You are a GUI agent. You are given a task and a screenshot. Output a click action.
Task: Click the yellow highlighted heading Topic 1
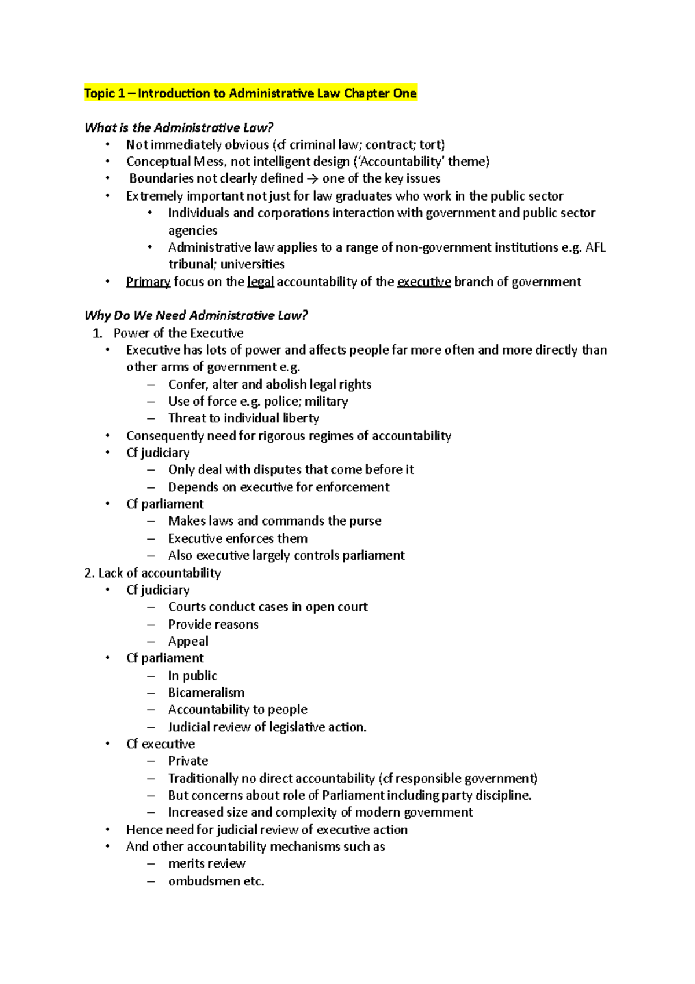point(250,93)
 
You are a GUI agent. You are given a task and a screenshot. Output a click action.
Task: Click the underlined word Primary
point(148,282)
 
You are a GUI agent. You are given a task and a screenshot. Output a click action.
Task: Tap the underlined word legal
point(260,282)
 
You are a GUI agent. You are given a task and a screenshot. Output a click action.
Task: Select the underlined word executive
point(423,282)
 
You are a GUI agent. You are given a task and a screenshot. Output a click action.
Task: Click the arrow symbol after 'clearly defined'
point(313,178)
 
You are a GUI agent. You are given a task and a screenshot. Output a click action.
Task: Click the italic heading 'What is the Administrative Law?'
point(178,127)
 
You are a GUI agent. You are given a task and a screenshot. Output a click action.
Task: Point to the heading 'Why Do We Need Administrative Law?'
point(196,315)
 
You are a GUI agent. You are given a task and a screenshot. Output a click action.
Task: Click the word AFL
point(595,247)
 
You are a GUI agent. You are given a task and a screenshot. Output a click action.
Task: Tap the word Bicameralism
point(206,693)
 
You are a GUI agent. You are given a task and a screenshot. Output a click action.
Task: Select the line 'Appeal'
point(188,642)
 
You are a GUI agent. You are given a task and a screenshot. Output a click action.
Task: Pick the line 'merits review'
point(207,863)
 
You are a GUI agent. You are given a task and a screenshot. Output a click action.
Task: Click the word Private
point(188,761)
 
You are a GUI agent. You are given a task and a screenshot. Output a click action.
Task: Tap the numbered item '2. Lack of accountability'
point(152,573)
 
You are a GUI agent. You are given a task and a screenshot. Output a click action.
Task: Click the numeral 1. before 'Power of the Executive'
point(97,333)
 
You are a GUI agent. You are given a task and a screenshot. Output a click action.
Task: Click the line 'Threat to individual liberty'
point(243,418)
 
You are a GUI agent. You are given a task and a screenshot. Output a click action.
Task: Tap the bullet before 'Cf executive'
point(108,744)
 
